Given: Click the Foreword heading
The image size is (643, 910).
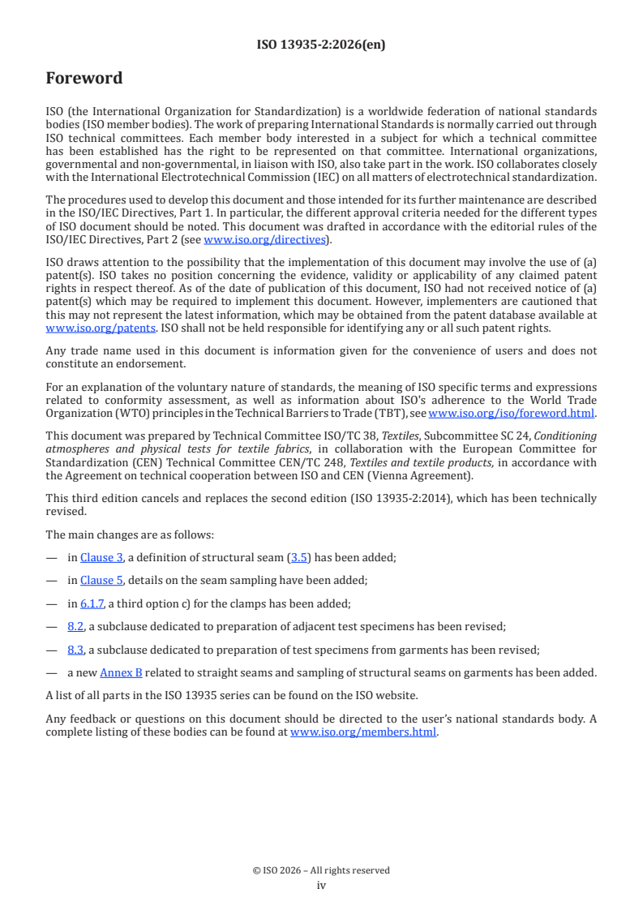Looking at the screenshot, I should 84,79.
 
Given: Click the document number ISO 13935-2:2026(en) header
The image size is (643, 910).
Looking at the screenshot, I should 321,45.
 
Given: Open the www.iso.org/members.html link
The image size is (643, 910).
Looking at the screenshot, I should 363,732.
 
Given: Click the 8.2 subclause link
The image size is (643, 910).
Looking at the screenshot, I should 75,626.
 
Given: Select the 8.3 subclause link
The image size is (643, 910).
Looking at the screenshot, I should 75,650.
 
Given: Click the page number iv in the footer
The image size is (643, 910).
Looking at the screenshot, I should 321,886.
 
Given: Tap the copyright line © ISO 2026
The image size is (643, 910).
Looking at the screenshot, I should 321,870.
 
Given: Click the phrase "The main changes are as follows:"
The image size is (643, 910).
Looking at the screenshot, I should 120,534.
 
